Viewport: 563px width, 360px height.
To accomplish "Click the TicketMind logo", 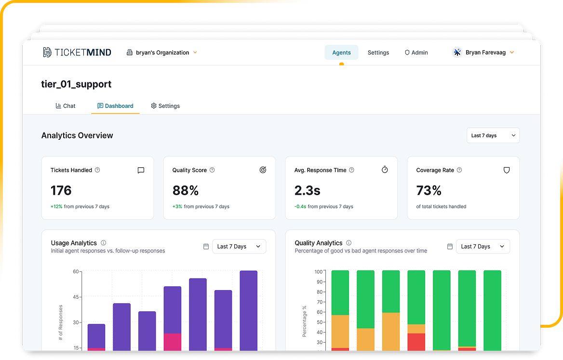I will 77,53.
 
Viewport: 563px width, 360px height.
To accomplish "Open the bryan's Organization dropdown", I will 162,53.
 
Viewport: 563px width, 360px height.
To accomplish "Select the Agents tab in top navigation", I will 341,53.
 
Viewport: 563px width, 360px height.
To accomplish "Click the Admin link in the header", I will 416,53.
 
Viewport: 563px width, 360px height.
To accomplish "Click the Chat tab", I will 66,106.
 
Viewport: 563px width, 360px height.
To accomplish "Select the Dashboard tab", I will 115,106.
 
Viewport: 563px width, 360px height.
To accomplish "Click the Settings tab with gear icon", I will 165,106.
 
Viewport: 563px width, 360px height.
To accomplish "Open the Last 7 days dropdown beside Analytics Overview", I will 493,135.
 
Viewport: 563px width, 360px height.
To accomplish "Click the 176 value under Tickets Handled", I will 61,191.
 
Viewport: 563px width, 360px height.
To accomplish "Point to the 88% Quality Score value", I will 186,191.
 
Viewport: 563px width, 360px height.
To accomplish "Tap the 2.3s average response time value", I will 307,191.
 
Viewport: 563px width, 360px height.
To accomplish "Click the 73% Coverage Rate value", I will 429,191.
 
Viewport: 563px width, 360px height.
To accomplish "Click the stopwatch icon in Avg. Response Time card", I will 385,170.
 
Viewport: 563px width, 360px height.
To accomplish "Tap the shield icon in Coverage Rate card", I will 507,170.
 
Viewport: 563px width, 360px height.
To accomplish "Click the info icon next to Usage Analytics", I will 103,243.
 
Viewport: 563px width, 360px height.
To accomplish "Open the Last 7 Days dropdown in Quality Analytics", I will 483,246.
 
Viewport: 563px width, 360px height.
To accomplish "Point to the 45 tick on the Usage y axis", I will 76,297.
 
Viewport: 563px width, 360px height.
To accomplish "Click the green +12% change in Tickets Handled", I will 56,207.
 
